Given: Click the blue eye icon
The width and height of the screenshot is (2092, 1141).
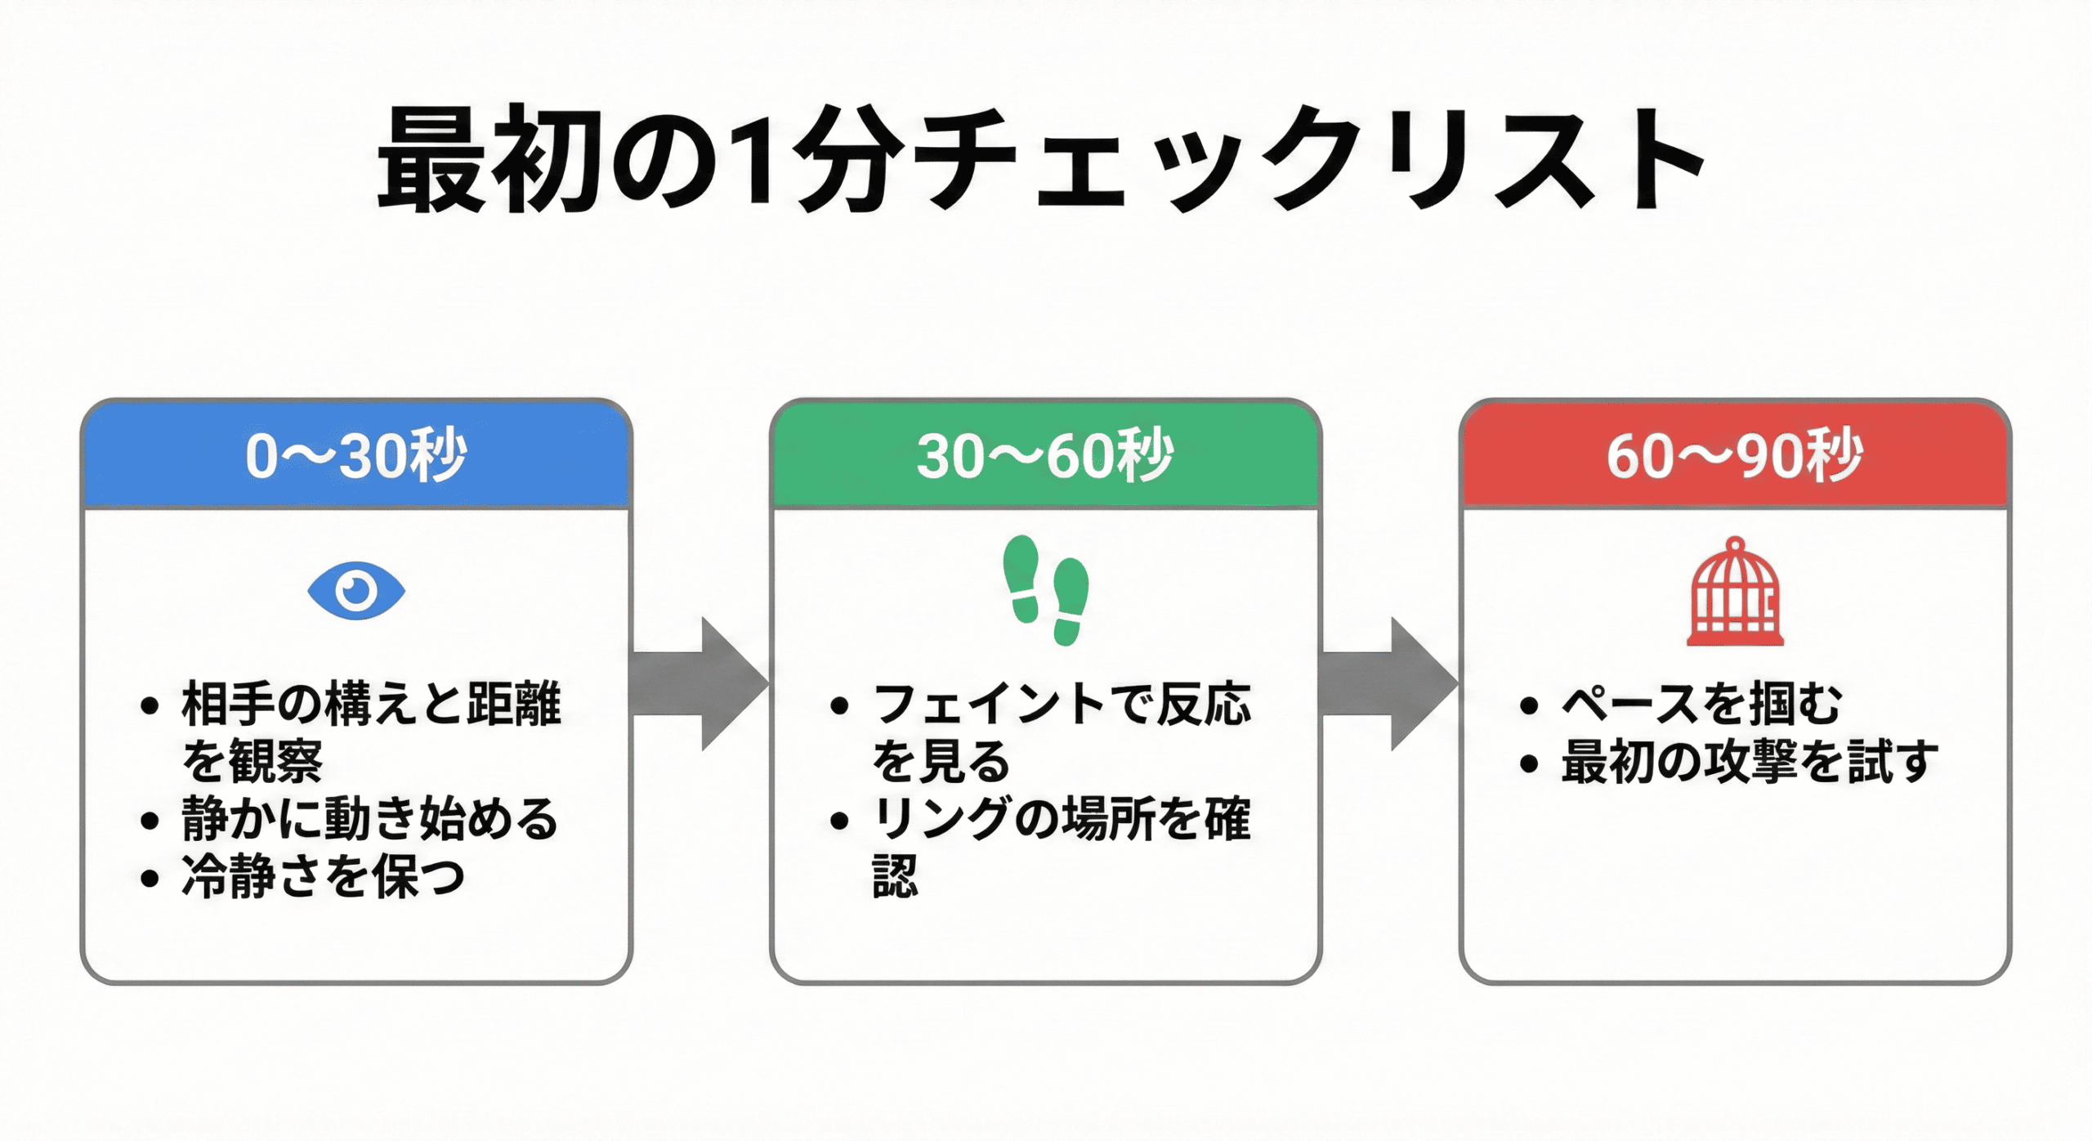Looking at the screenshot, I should click(356, 590).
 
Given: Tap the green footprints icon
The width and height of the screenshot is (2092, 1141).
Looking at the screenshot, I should click(1046, 590).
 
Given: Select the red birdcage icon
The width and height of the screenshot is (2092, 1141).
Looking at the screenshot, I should click(1735, 593).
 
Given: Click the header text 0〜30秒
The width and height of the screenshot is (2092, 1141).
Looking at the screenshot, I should click(356, 456).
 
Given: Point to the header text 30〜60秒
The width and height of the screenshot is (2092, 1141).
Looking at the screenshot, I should click(1045, 456).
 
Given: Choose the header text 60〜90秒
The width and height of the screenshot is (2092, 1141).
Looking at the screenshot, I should click(1735, 456).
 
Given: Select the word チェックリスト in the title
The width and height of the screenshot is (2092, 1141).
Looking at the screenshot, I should click(1307, 159).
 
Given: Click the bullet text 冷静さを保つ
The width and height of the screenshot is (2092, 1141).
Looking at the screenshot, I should click(323, 878).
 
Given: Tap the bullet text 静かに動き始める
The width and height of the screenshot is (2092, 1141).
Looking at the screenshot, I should click(369, 820).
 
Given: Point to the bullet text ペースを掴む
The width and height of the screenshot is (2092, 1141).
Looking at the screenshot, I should click(1701, 705).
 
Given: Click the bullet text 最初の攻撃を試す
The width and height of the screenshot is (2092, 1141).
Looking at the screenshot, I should click(1749, 763).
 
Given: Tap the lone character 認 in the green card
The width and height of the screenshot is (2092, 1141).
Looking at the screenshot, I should click(896, 878).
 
